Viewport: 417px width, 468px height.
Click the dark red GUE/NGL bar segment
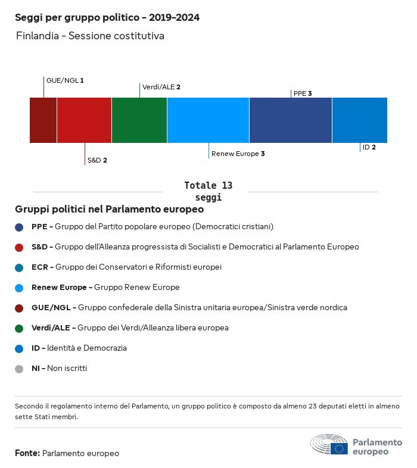click(x=43, y=120)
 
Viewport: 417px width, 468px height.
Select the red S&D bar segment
click(x=84, y=120)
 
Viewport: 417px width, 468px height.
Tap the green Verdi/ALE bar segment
click(x=139, y=120)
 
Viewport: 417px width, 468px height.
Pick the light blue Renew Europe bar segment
click(x=208, y=120)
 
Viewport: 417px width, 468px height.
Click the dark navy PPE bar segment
click(x=290, y=120)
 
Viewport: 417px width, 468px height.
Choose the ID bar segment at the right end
click(x=359, y=120)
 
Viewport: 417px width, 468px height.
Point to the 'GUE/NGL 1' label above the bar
click(x=65, y=80)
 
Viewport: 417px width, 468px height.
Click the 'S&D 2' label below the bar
click(x=97, y=160)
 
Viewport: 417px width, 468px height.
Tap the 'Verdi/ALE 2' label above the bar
click(x=161, y=87)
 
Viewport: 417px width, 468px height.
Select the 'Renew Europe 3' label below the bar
click(x=238, y=154)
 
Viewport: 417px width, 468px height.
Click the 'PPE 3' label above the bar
click(x=303, y=93)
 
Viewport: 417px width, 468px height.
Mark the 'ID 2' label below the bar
click(x=369, y=147)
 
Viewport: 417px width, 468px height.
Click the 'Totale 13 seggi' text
click(x=208, y=191)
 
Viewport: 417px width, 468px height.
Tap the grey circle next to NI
click(x=19, y=369)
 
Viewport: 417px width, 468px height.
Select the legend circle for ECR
click(x=19, y=267)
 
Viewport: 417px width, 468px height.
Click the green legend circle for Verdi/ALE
click(x=19, y=328)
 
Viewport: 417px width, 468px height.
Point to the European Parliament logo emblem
click(x=329, y=445)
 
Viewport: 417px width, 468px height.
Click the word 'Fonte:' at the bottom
click(x=27, y=454)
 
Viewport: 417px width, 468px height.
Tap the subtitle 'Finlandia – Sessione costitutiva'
click(x=89, y=36)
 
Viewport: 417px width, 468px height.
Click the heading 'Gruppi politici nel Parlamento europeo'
click(x=110, y=210)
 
